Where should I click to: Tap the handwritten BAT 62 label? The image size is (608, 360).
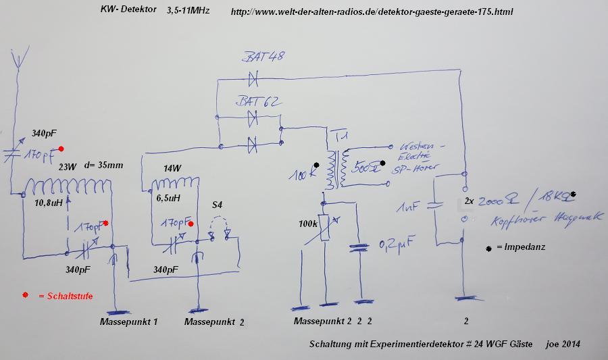(x=259, y=102)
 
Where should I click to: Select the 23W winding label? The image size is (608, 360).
(x=67, y=166)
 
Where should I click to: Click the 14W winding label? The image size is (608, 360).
(x=171, y=170)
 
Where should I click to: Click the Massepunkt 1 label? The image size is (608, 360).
(x=128, y=322)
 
